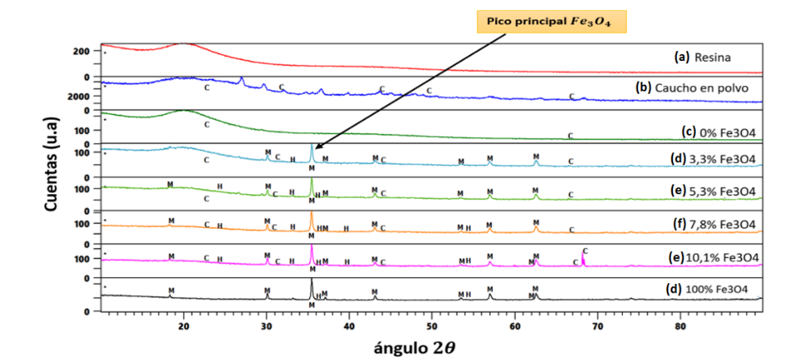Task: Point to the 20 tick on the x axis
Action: (184, 325)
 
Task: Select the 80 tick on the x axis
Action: (680, 325)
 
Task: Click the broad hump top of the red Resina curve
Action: (184, 44)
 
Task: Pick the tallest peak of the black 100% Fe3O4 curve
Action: (311, 281)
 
